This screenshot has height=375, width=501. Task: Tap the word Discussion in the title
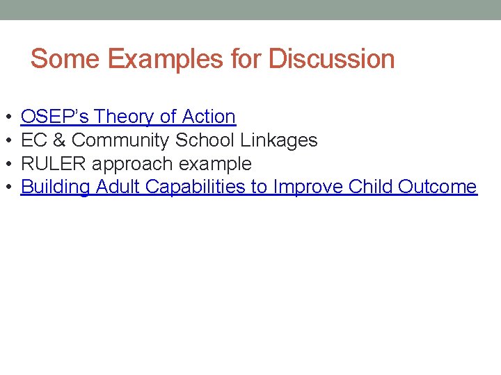tap(331, 59)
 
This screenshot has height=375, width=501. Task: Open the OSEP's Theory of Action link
tap(128, 117)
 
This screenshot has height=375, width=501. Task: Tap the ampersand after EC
tap(58, 140)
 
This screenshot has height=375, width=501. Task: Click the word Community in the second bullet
tap(120, 140)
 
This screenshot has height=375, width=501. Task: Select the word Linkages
tap(279, 140)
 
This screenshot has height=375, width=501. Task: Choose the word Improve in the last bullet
tap(308, 187)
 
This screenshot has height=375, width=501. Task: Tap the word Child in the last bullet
tap(371, 187)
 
